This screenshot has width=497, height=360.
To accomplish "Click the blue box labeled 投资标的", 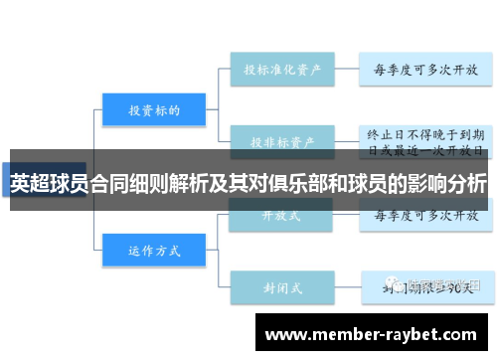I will (x=154, y=110).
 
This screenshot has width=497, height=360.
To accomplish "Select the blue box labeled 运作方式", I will (x=154, y=250).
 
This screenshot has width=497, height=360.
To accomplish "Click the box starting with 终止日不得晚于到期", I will (x=424, y=140).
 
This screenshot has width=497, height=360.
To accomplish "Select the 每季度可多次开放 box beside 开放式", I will (x=424, y=214).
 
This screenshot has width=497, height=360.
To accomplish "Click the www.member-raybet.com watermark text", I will (x=371, y=335).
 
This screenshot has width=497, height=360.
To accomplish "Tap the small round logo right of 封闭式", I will (x=398, y=285).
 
